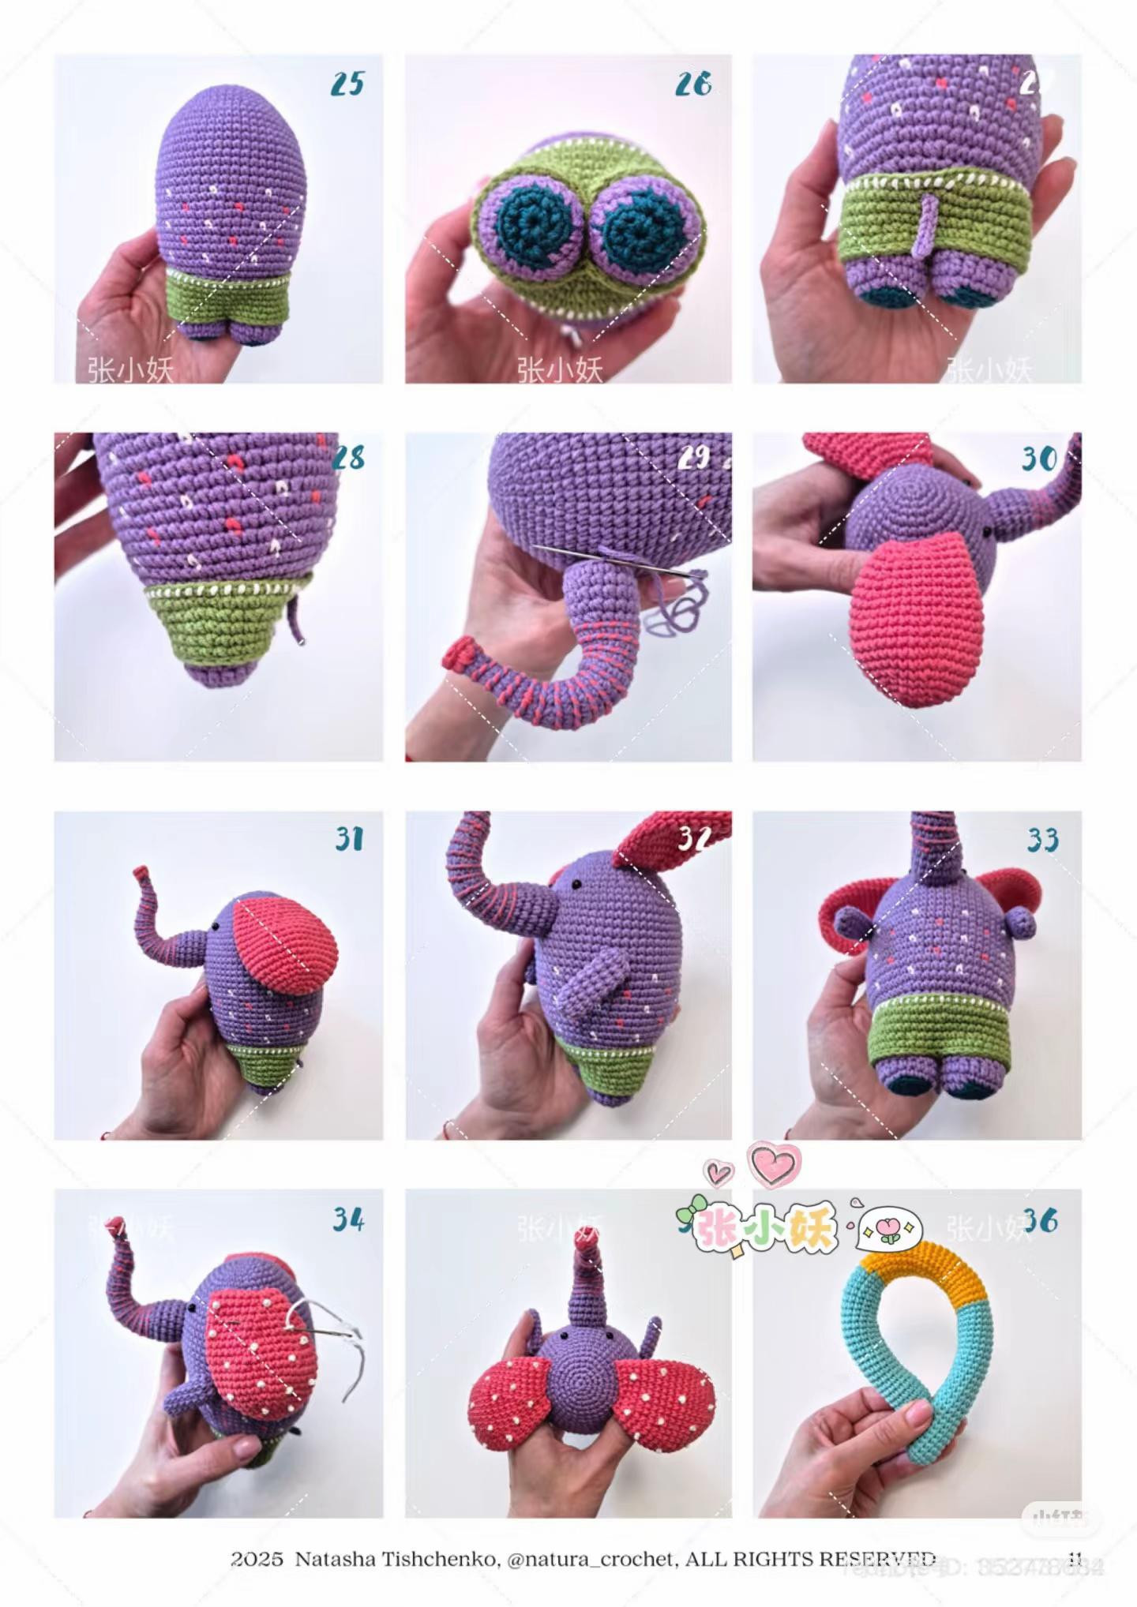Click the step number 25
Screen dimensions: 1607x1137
(x=347, y=83)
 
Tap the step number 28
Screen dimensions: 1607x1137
(x=348, y=458)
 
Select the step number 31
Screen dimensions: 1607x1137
(x=349, y=838)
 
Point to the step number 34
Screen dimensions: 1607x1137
(x=347, y=1219)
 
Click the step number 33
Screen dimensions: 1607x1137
(x=1042, y=840)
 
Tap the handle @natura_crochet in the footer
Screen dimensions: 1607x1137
(x=591, y=1558)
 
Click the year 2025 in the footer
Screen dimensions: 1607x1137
(x=257, y=1558)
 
